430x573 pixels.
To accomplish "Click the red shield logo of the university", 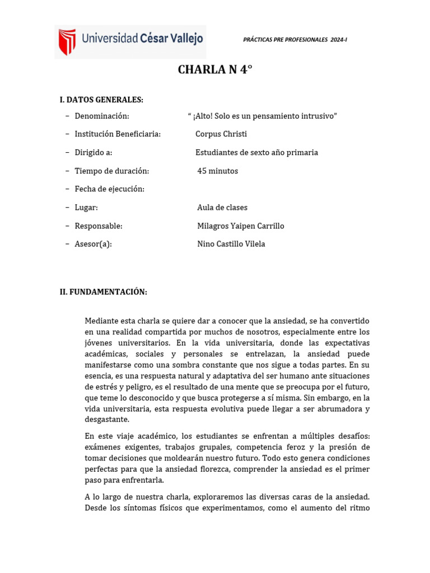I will tap(67, 42).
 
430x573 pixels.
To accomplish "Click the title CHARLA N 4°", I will tap(215, 70).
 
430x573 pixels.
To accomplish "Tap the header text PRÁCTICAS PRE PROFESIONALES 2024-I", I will tap(295, 40).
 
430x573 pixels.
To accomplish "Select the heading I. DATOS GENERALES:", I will tap(101, 100).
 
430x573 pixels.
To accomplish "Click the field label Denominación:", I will tap(102, 116).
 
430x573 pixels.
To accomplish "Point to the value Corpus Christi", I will tap(221, 134).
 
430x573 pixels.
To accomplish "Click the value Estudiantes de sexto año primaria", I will tap(256, 153).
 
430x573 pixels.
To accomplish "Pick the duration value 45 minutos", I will tap(218, 171).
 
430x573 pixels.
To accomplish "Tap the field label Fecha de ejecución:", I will tap(110, 189).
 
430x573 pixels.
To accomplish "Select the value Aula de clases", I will tap(222, 208).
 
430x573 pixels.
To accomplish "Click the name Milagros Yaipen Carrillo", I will tap(241, 226).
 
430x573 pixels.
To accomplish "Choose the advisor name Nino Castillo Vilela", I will tap(231, 244).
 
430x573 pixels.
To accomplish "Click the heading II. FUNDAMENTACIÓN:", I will tap(104, 292).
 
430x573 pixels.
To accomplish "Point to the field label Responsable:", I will tap(99, 226).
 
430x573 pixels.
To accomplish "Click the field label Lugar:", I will tap(86, 208).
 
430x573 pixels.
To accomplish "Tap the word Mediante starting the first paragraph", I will tap(102, 321).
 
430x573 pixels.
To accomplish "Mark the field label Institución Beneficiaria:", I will tap(118, 134).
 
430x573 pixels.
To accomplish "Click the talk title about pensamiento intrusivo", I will tap(263, 116).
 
